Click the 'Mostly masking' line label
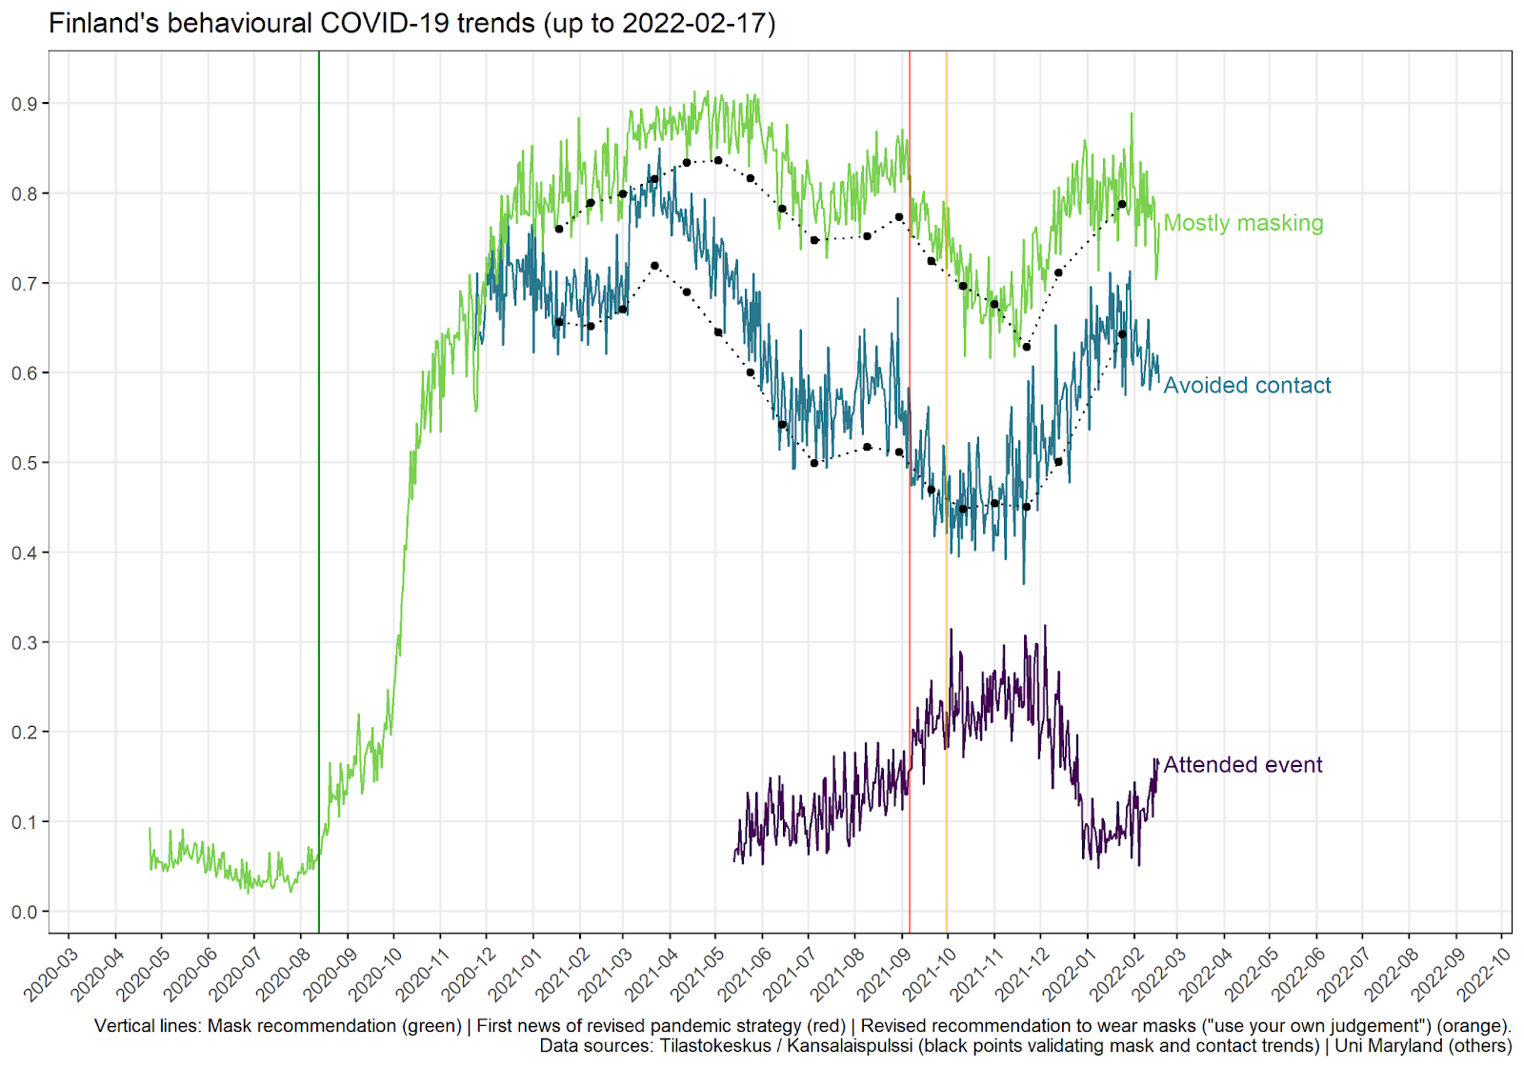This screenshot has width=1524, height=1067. tap(1243, 223)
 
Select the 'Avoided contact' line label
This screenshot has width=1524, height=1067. tap(1247, 385)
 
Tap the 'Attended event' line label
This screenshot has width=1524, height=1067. tap(1242, 765)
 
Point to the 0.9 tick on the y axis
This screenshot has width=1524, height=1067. tap(25, 104)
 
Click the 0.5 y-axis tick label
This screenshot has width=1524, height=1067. tap(25, 463)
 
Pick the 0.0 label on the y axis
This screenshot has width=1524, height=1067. tap(25, 912)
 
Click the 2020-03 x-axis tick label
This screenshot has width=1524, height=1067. tap(51, 974)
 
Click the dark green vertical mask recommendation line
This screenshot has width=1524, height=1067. tap(319, 476)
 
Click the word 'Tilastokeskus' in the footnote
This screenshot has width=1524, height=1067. tap(715, 1046)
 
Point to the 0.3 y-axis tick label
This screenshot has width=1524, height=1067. tap(25, 643)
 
